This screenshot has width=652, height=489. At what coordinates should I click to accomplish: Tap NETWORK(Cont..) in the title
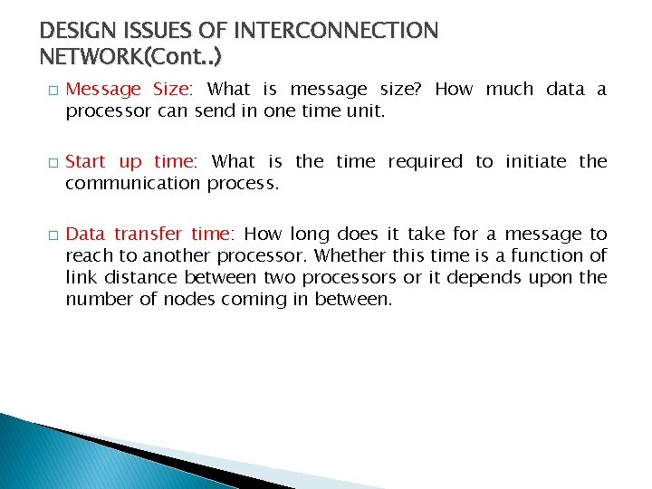click(131, 57)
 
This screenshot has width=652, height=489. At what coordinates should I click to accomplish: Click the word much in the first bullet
click(509, 90)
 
